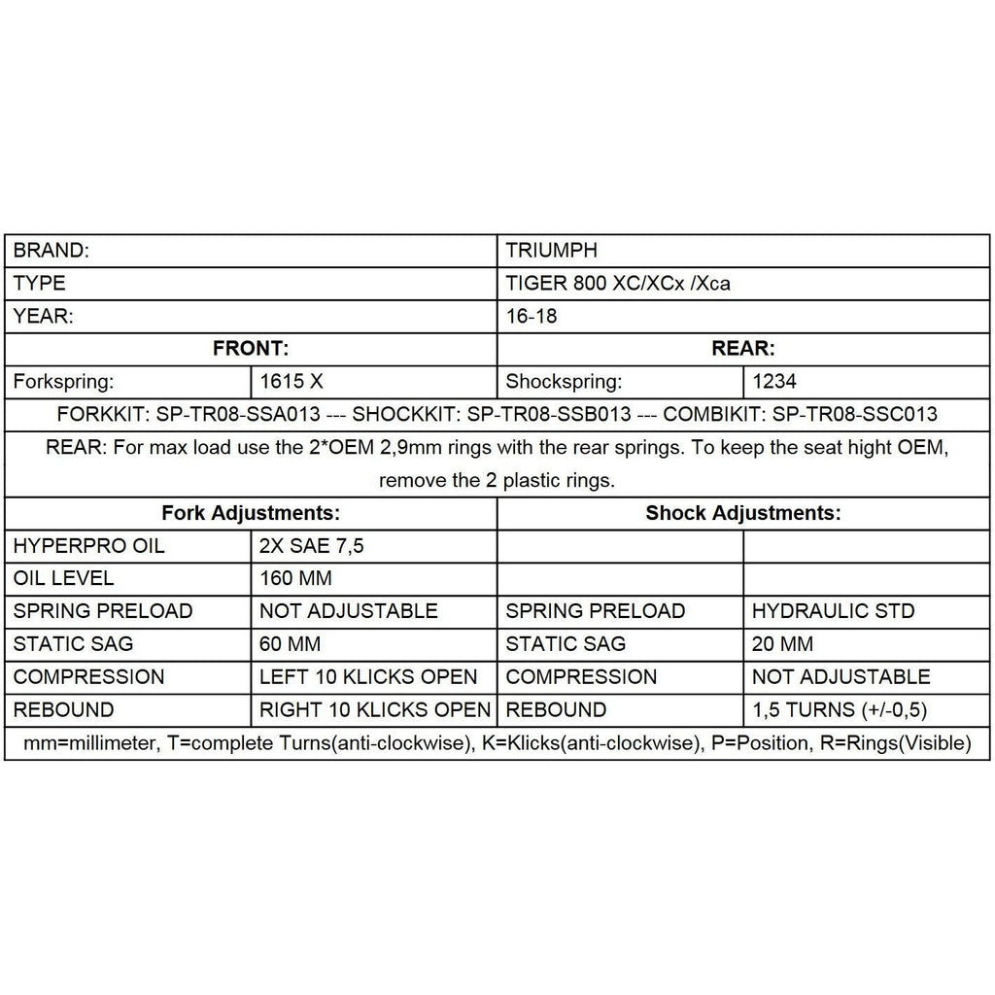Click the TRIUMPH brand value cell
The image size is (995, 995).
coord(552,251)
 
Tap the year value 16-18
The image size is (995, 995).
coord(532,317)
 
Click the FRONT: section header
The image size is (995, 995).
coord(251,349)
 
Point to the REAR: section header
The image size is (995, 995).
coord(743,349)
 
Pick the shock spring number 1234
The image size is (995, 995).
coord(775,382)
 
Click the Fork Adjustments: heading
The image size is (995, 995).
coord(251,513)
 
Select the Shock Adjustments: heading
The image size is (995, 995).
coord(743,513)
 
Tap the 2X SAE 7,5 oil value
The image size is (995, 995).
coord(312,546)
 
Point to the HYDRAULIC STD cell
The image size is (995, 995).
coord(833,612)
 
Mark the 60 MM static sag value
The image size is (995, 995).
coord(291,644)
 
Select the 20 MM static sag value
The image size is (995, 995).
coord(783,644)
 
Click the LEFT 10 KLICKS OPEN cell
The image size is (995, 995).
coord(369,677)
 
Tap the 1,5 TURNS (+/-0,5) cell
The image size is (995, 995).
coord(847,710)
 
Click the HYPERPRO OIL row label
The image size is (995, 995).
coord(89,546)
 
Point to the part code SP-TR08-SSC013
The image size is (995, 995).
coord(855,415)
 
